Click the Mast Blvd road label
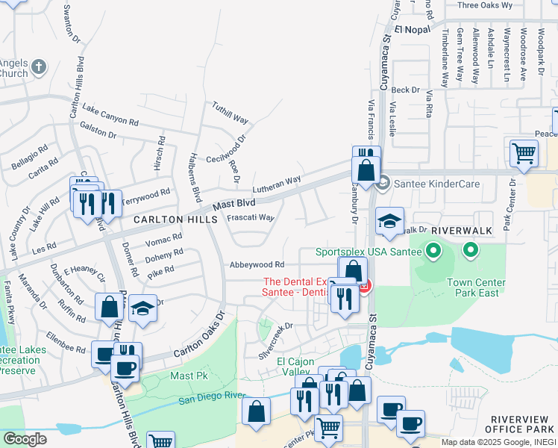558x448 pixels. pos(233,204)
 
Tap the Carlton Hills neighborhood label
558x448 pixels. pos(175,220)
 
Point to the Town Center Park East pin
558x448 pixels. pos(470,251)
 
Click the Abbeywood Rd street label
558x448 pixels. pos(257,264)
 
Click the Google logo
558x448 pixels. pos(25,439)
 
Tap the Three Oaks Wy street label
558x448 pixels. pos(485,5)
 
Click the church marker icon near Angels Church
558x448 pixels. pos(39,67)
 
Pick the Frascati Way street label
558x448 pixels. pos(251,218)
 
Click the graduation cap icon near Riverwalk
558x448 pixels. pos(389,221)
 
